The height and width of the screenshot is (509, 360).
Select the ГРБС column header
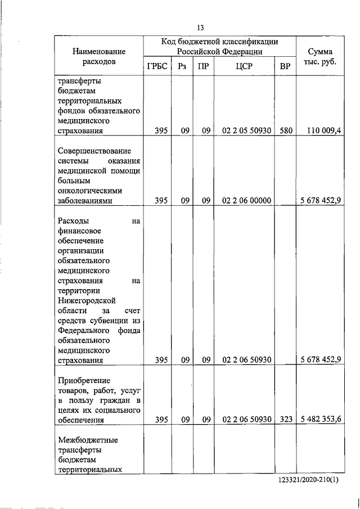point(157,66)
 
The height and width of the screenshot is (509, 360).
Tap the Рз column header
point(182,66)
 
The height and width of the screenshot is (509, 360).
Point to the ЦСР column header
point(246,66)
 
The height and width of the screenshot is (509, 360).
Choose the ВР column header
point(285,66)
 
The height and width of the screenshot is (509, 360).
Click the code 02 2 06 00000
point(247,200)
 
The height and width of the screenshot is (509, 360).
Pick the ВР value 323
point(286,419)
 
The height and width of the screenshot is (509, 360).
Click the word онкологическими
point(90,190)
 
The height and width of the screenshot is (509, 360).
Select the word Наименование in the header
point(98,52)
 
